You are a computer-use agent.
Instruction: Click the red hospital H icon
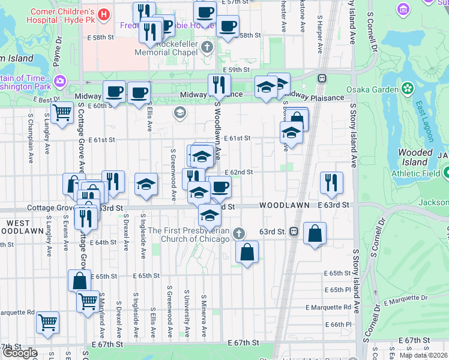[x=104, y=13]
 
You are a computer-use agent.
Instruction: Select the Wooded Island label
[x=415, y=157]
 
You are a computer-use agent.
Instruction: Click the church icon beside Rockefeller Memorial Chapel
[x=207, y=47]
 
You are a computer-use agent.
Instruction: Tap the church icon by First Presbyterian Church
[x=239, y=233]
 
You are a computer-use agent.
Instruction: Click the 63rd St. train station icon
[x=294, y=231]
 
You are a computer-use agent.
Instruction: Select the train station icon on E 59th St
[x=322, y=78]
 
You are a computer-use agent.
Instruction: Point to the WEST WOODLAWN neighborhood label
[x=19, y=227]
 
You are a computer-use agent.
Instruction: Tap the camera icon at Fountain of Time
[x=59, y=81]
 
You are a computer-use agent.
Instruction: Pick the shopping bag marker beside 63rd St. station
[x=315, y=233]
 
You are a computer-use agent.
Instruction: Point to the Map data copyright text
[x=423, y=355]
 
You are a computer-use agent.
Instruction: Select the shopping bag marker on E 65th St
[x=79, y=280]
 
